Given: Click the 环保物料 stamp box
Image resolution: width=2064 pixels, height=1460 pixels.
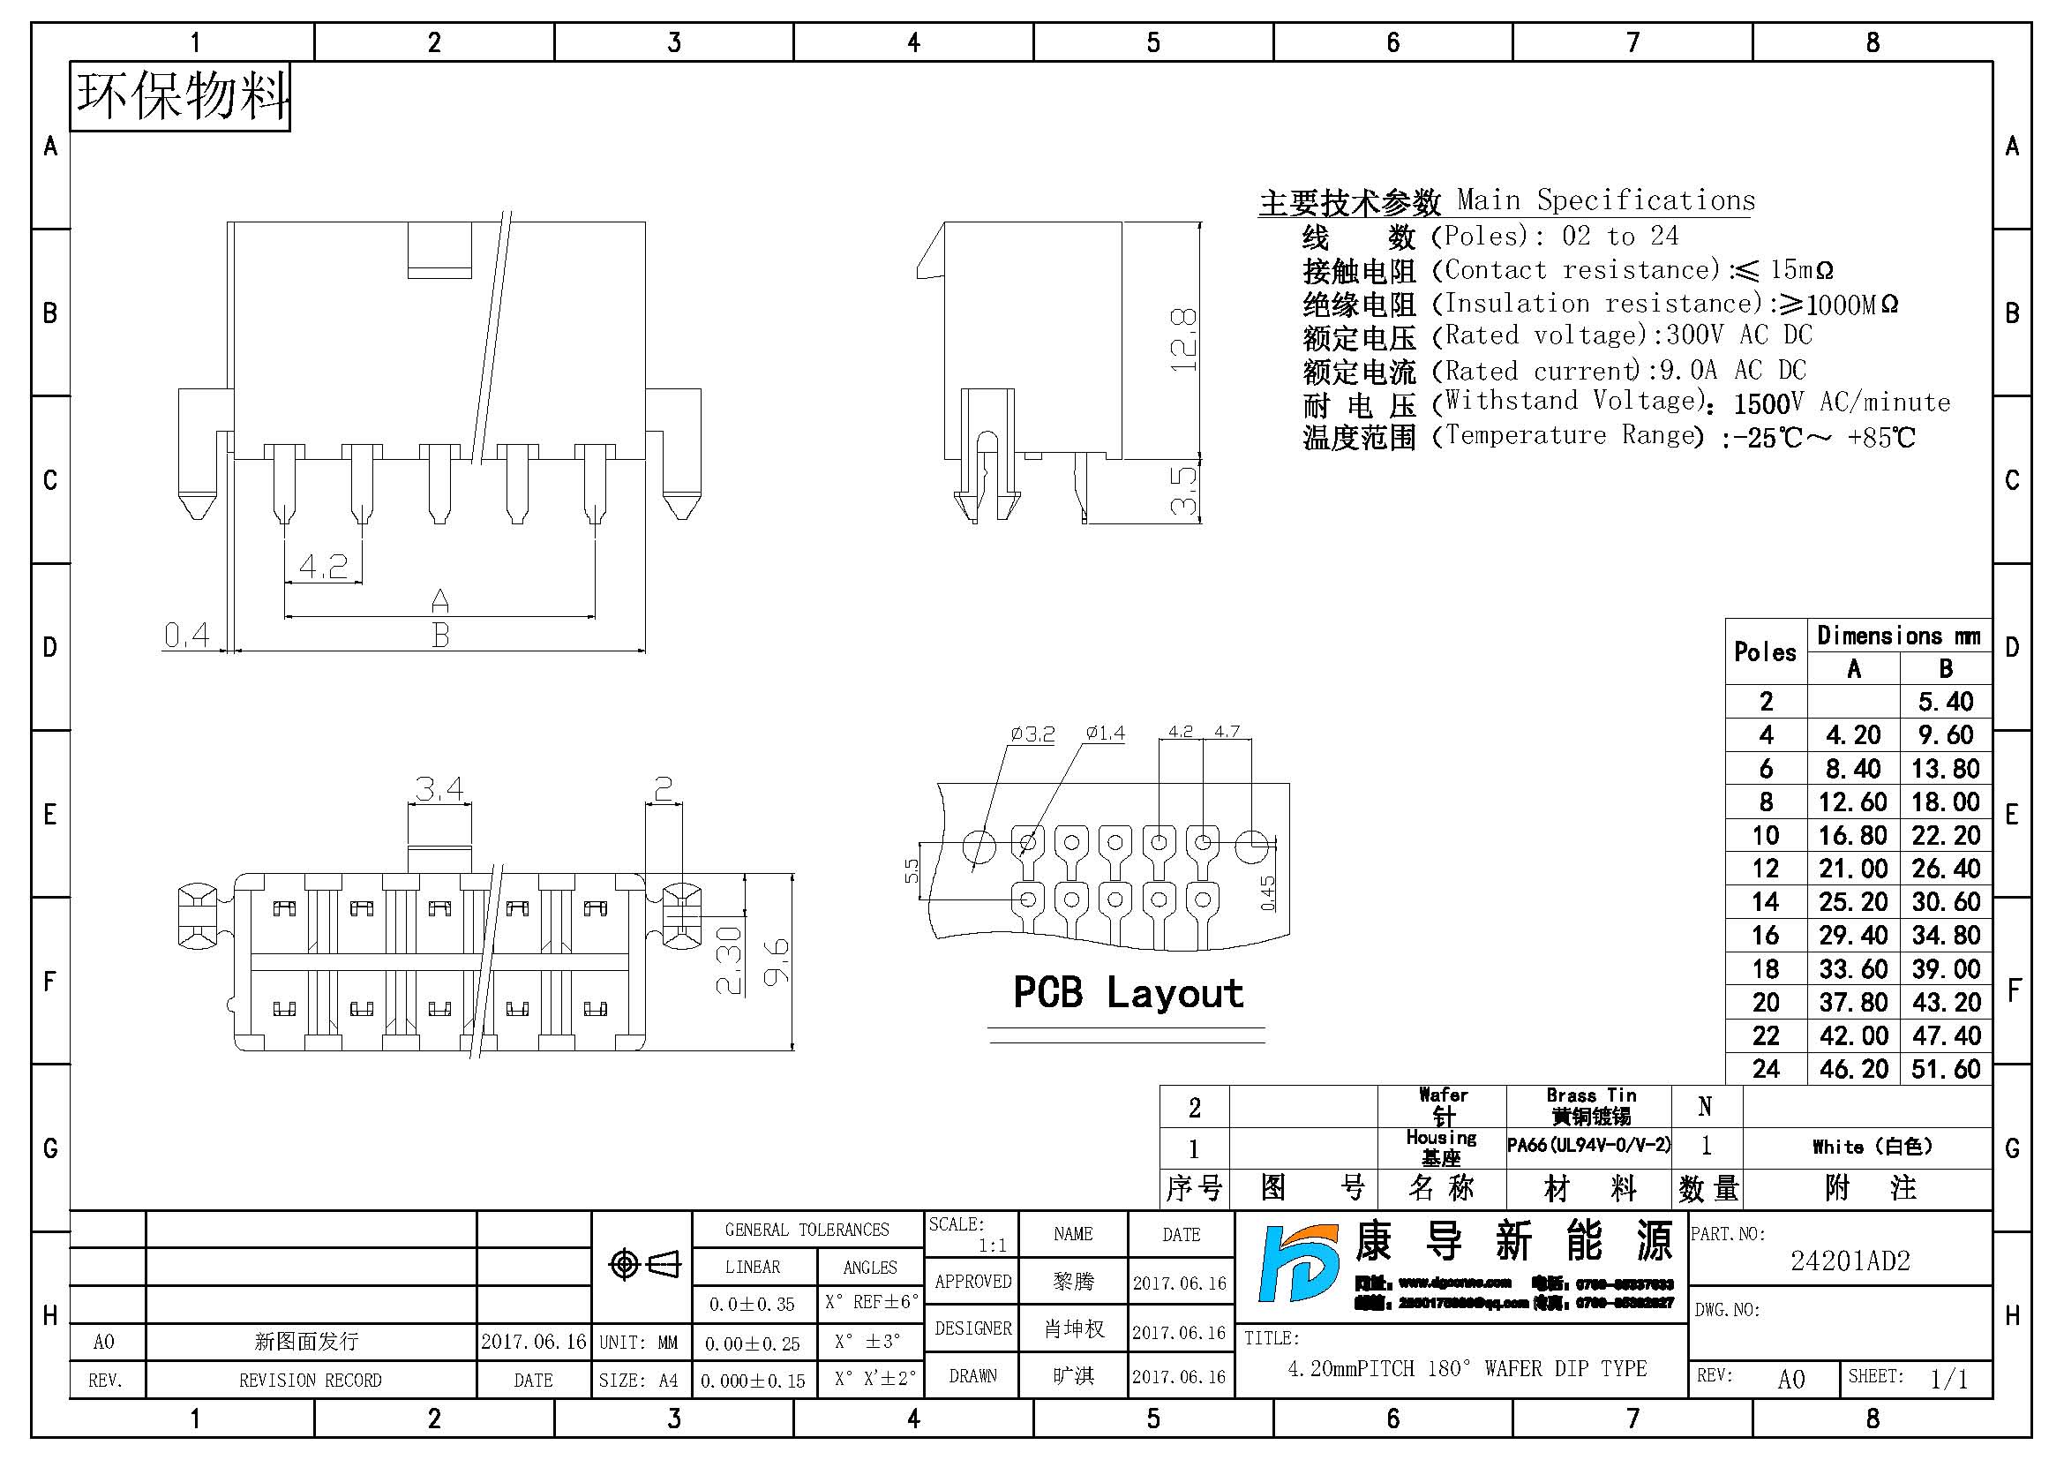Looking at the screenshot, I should click(180, 96).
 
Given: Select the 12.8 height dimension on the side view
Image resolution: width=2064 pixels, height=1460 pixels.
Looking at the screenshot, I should click(1183, 340).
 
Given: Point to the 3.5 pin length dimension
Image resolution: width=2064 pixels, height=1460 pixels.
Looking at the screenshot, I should click(1183, 491).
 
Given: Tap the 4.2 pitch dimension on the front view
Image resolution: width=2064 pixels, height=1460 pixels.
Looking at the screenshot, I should click(323, 567).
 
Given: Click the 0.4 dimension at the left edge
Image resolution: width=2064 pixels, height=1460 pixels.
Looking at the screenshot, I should click(186, 635).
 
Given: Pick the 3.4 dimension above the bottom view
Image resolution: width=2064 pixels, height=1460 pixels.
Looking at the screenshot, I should click(439, 789).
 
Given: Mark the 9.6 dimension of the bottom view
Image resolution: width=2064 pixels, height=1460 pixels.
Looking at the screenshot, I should click(776, 961).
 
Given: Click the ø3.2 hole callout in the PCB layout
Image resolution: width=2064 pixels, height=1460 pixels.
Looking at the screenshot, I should click(1032, 734).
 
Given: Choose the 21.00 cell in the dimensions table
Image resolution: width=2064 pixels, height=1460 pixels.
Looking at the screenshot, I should click(1853, 869).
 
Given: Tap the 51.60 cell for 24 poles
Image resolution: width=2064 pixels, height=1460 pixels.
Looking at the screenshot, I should click(1947, 1069).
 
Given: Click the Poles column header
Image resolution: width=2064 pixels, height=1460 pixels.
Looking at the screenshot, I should click(1765, 651).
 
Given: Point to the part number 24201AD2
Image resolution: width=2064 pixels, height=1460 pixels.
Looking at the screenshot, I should click(1850, 1261).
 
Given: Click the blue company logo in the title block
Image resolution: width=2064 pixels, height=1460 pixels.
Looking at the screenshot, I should click(1297, 1264).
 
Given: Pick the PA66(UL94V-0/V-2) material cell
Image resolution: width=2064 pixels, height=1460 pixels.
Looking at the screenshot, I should click(1588, 1146).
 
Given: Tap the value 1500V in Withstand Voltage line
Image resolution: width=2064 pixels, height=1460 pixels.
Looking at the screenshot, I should click(1768, 403).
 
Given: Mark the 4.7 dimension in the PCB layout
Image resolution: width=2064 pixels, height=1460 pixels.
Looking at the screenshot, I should click(1227, 732).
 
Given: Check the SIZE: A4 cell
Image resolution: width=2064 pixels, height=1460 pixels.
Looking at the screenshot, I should click(639, 1380).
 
